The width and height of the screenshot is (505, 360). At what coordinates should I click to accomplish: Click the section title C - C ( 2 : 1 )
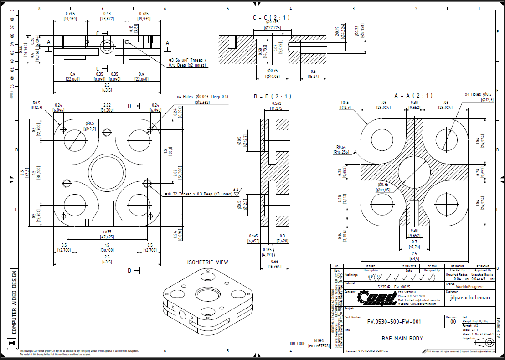pos(272,17)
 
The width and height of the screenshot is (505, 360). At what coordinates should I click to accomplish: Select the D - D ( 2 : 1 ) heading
pos(273,97)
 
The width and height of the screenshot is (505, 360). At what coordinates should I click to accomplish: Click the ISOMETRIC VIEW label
pos(207,262)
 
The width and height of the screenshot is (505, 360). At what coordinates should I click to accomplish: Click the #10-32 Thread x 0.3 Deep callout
pos(199,195)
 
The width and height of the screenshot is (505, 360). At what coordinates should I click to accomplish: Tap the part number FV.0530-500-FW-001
pos(394,322)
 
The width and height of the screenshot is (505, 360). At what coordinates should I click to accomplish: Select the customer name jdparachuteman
pos(469,298)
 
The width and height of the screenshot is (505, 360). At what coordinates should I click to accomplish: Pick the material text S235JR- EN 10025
pos(394,287)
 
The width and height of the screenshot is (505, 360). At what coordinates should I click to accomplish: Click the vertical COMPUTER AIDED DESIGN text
pos(14,301)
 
